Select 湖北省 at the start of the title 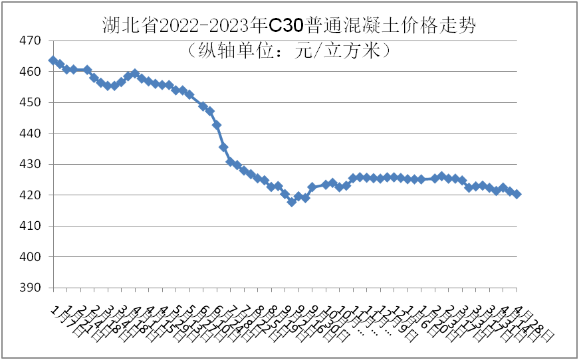[x=122, y=25]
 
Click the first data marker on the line [x=53, y=60]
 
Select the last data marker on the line [x=517, y=194]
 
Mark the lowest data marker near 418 [x=291, y=202]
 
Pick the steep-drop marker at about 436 [x=223, y=147]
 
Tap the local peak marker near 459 [x=135, y=74]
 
